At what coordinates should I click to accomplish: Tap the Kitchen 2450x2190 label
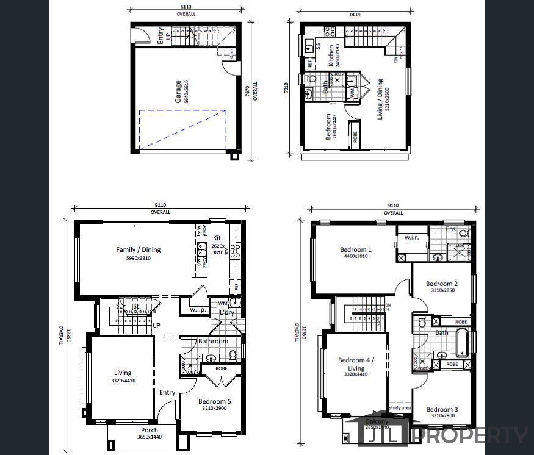331,56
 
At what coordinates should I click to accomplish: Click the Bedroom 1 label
355,249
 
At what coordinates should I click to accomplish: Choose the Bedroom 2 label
441,284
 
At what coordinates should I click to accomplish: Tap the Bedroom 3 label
442,409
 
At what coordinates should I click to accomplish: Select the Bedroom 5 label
214,401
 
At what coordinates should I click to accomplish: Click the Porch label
150,431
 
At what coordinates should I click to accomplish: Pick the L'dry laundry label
226,313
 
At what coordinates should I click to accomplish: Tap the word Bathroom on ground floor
213,341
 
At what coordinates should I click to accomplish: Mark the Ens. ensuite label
450,229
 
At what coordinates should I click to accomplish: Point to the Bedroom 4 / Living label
355,364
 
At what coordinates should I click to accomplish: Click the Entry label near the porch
167,393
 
